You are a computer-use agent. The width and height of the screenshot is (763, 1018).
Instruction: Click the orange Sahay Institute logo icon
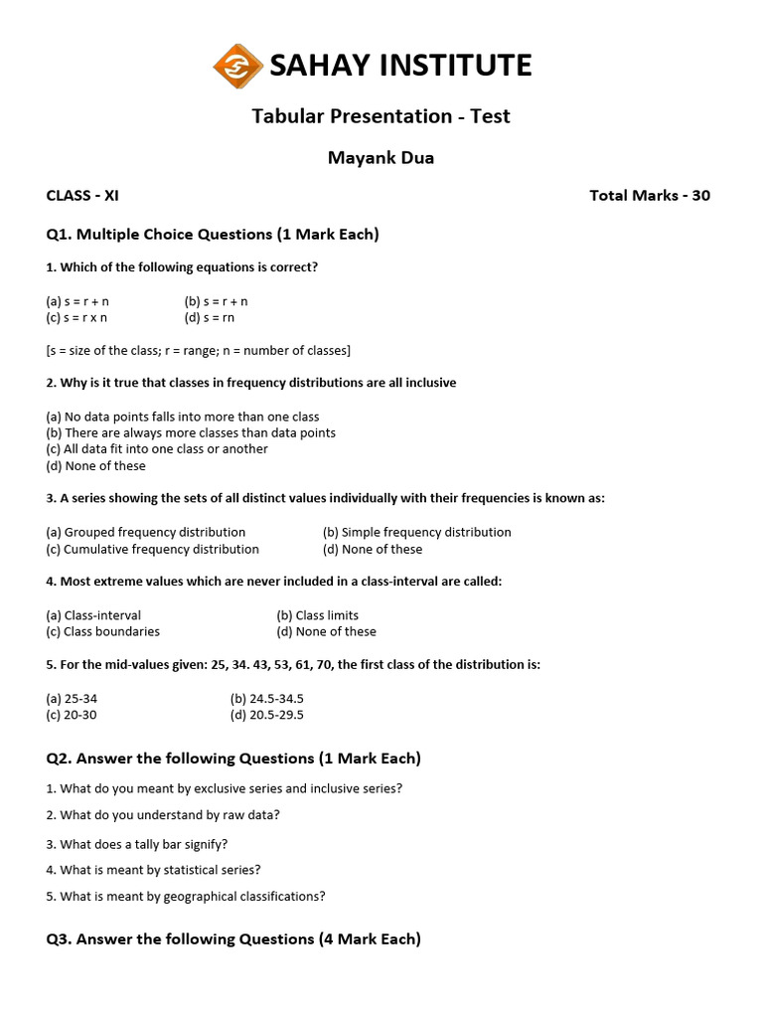coord(238,66)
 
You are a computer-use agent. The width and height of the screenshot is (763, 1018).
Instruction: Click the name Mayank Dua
coord(381,157)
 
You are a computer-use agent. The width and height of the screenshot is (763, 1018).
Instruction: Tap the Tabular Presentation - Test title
coord(381,116)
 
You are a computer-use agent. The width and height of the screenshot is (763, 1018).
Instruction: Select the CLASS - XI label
coord(82,196)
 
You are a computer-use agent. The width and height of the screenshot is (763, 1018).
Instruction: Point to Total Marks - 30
coord(650,196)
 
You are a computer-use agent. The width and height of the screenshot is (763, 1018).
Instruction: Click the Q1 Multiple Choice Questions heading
coord(213,235)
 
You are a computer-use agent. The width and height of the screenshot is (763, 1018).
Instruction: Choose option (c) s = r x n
coord(76,318)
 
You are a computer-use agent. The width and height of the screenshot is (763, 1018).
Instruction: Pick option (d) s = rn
coord(210,318)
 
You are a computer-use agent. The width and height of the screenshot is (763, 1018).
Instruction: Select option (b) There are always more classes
coord(191,433)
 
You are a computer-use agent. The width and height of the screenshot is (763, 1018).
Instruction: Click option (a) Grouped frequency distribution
coord(146,533)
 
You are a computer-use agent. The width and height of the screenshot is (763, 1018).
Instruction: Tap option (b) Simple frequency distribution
coord(417,533)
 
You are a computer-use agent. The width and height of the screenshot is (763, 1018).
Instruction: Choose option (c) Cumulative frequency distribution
coord(153,550)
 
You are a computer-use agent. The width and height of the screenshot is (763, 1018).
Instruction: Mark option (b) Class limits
coord(318,615)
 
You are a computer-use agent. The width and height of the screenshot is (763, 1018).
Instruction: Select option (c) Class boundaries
coord(103,632)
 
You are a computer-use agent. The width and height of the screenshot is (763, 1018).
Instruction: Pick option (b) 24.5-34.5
coord(266,699)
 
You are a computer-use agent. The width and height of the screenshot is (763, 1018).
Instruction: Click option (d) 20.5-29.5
coord(266,716)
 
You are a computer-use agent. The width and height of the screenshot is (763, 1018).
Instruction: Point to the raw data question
coord(163,815)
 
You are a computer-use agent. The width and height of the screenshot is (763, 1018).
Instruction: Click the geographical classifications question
coord(186,897)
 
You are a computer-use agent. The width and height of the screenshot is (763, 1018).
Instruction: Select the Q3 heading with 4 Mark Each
coord(233,939)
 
